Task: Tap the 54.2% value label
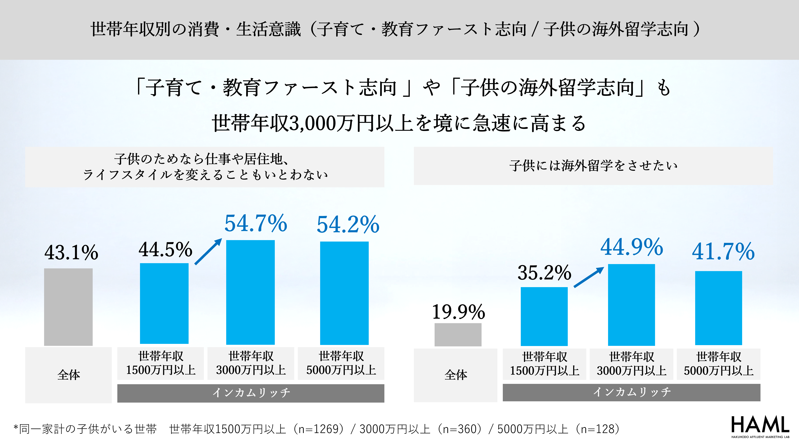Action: (348, 224)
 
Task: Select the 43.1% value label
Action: (71, 252)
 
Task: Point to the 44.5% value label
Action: (165, 249)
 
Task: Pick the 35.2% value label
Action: (544, 273)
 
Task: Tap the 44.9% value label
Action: (631, 247)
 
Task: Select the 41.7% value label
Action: (723, 251)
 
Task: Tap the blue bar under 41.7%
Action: (718, 308)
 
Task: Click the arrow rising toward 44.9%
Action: (588, 277)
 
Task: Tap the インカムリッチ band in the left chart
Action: (251, 393)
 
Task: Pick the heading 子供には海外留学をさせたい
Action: (593, 166)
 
